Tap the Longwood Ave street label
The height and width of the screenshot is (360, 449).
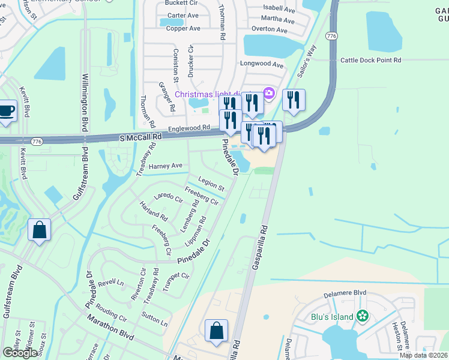click(x=261, y=64)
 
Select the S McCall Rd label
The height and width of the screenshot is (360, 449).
click(x=140, y=137)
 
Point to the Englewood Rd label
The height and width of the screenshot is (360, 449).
click(x=189, y=128)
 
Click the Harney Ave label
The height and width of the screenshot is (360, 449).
click(x=167, y=165)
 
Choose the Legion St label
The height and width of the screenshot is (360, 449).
click(x=211, y=183)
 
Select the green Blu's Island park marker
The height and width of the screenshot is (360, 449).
click(x=362, y=316)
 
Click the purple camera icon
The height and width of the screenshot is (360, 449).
click(x=269, y=93)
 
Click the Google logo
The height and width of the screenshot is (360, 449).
click(x=21, y=353)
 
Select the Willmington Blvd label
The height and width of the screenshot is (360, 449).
click(x=85, y=103)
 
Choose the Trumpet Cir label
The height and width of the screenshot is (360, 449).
click(x=176, y=276)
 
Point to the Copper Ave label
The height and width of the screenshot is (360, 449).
click(x=183, y=28)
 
